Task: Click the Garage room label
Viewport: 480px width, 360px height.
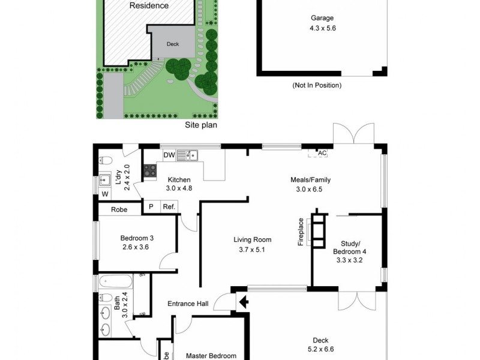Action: (322, 18)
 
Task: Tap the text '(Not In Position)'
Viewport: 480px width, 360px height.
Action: (317, 85)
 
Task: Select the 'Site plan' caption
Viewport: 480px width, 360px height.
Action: (200, 125)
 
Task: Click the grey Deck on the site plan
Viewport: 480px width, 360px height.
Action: (172, 44)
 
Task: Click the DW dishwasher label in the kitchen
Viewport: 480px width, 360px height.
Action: (169, 155)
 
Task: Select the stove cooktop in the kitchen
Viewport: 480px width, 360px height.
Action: (148, 170)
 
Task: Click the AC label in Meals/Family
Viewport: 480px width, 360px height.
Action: (322, 153)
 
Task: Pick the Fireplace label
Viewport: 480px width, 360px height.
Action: (301, 232)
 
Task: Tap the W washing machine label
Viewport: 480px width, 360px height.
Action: (105, 194)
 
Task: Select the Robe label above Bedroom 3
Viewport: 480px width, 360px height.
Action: (118, 210)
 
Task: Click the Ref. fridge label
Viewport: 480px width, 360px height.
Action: (168, 207)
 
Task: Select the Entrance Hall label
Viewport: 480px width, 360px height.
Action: (187, 304)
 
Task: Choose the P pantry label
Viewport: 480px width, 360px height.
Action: (151, 207)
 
